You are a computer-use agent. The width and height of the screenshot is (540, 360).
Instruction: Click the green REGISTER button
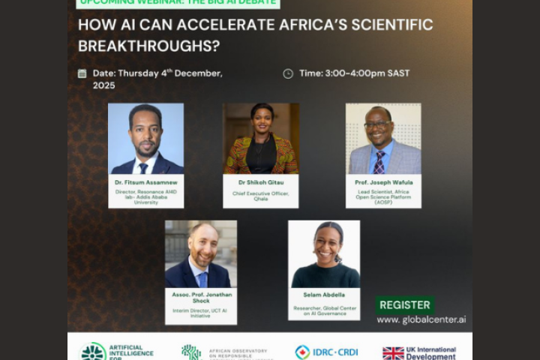point(405,305)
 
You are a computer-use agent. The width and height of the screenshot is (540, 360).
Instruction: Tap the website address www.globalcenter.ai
point(421,319)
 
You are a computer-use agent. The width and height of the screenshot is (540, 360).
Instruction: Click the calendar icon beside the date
point(82,73)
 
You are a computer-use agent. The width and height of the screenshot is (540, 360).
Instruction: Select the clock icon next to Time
point(288,73)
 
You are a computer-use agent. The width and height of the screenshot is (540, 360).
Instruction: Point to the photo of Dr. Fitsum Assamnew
point(145,139)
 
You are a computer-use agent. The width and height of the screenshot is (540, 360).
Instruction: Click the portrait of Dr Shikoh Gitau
point(261,139)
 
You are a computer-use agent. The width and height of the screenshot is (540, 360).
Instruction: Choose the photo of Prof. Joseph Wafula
point(382,139)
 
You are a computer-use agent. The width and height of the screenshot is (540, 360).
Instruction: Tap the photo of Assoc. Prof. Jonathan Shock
point(200,254)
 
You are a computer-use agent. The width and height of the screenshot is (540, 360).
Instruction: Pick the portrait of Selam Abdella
point(324,254)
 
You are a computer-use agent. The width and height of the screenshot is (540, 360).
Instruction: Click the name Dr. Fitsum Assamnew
point(145,181)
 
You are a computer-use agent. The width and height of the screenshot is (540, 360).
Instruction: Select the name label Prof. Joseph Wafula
point(382,181)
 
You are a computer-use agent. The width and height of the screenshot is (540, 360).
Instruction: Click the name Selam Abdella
point(324,295)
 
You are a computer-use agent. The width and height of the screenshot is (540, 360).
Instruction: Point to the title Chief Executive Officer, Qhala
point(261,196)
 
